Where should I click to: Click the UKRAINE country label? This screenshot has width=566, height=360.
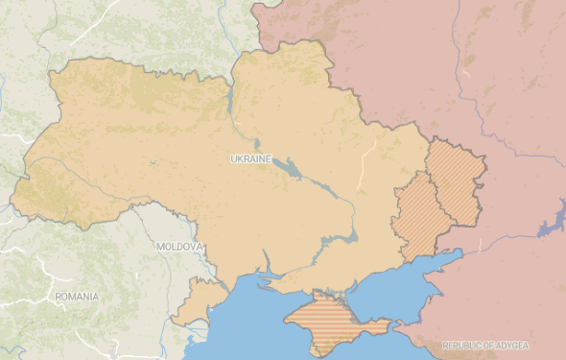251,157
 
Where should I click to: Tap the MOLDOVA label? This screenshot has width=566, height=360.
178,247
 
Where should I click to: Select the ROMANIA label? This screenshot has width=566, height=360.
77,297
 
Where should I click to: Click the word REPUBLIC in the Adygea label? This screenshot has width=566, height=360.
464,346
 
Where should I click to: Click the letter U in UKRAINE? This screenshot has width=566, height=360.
234,157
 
